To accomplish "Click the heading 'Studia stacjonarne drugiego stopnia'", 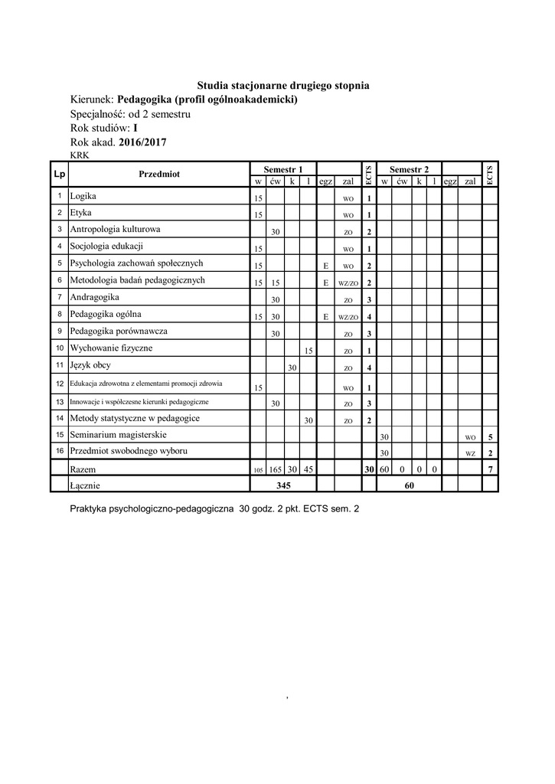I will tap(283, 86).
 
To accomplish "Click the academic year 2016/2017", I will tap(143, 142).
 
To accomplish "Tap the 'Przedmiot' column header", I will tap(159, 174).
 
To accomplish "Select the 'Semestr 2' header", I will tap(409, 168).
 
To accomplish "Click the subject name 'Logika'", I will tap(83, 196).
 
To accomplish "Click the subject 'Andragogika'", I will tap(95, 296).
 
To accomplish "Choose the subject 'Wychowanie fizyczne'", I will tap(111, 348).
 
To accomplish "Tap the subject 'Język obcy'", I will tap(90, 365).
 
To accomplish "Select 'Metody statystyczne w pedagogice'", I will tap(135, 418).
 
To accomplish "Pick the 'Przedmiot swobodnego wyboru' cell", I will tap(128, 451).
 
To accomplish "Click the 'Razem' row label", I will tap(83, 468).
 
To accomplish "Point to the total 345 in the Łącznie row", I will tap(283, 485).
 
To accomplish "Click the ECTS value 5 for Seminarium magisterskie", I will tap(490, 437).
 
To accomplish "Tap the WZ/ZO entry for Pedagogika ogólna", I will tap(348, 317).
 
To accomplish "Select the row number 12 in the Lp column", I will tap(59, 384).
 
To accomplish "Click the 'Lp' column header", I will tap(59, 174).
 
